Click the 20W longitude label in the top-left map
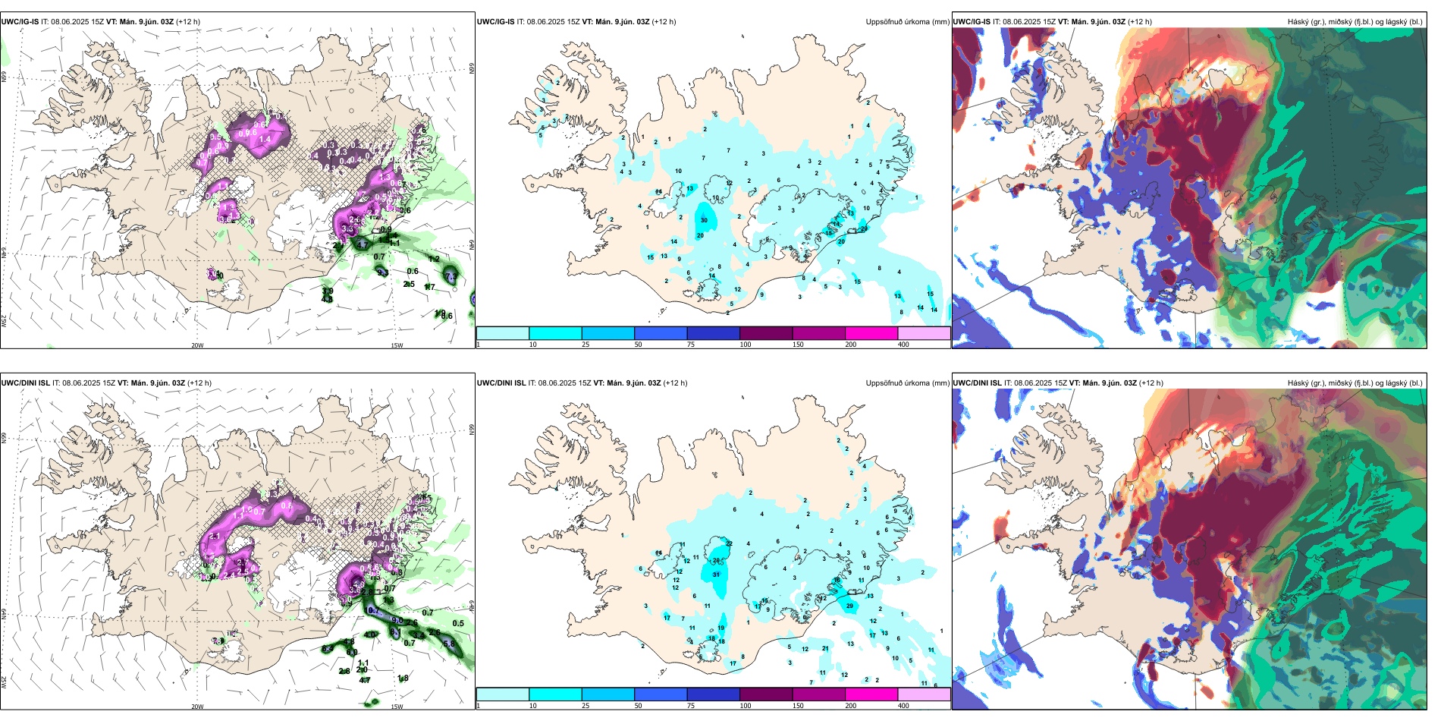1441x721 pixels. pyautogui.click(x=197, y=345)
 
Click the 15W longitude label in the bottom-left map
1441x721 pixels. pyautogui.click(x=396, y=707)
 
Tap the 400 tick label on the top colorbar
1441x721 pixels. pyautogui.click(x=903, y=345)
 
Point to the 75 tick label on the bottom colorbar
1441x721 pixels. pyautogui.click(x=691, y=706)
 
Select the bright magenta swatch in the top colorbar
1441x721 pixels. pyautogui.click(x=871, y=333)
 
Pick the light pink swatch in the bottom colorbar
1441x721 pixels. pyautogui.click(x=924, y=694)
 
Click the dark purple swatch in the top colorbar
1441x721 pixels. pyautogui.click(x=765, y=333)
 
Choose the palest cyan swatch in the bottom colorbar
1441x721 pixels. pyautogui.click(x=502, y=694)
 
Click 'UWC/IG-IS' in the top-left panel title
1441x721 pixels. pyautogui.click(x=20, y=22)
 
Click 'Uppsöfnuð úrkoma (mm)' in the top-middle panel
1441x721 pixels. pyautogui.click(x=907, y=22)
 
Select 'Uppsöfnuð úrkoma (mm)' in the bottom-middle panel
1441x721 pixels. pyautogui.click(x=907, y=383)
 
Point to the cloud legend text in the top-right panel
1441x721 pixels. pyautogui.click(x=1355, y=22)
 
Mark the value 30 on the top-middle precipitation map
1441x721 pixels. pyautogui.click(x=704, y=221)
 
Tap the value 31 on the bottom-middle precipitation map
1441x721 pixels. pyautogui.click(x=717, y=575)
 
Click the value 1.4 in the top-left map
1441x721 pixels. pyautogui.click(x=265, y=140)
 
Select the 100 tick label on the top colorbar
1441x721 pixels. pyautogui.click(x=746, y=345)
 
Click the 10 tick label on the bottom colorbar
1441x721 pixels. pyautogui.click(x=533, y=706)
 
